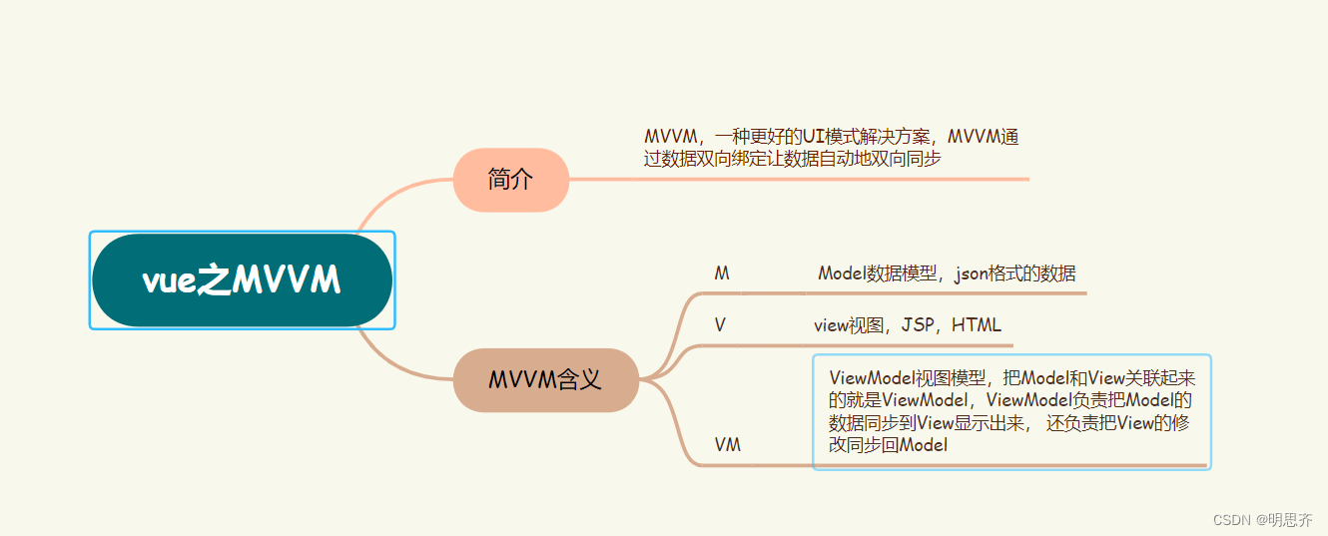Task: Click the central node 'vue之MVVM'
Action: coord(242,280)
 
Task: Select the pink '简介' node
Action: coord(511,180)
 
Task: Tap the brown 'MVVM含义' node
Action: coord(545,379)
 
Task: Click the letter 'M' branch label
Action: coord(722,273)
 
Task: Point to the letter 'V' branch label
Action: coord(720,325)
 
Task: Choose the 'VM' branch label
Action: coord(728,445)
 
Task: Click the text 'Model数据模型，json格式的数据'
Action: coord(947,273)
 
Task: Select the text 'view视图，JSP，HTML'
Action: coord(907,325)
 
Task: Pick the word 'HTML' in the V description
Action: coord(976,325)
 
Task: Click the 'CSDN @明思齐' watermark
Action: coord(1262,520)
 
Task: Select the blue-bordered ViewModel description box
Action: coord(1011,411)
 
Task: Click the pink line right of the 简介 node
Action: coord(799,180)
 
